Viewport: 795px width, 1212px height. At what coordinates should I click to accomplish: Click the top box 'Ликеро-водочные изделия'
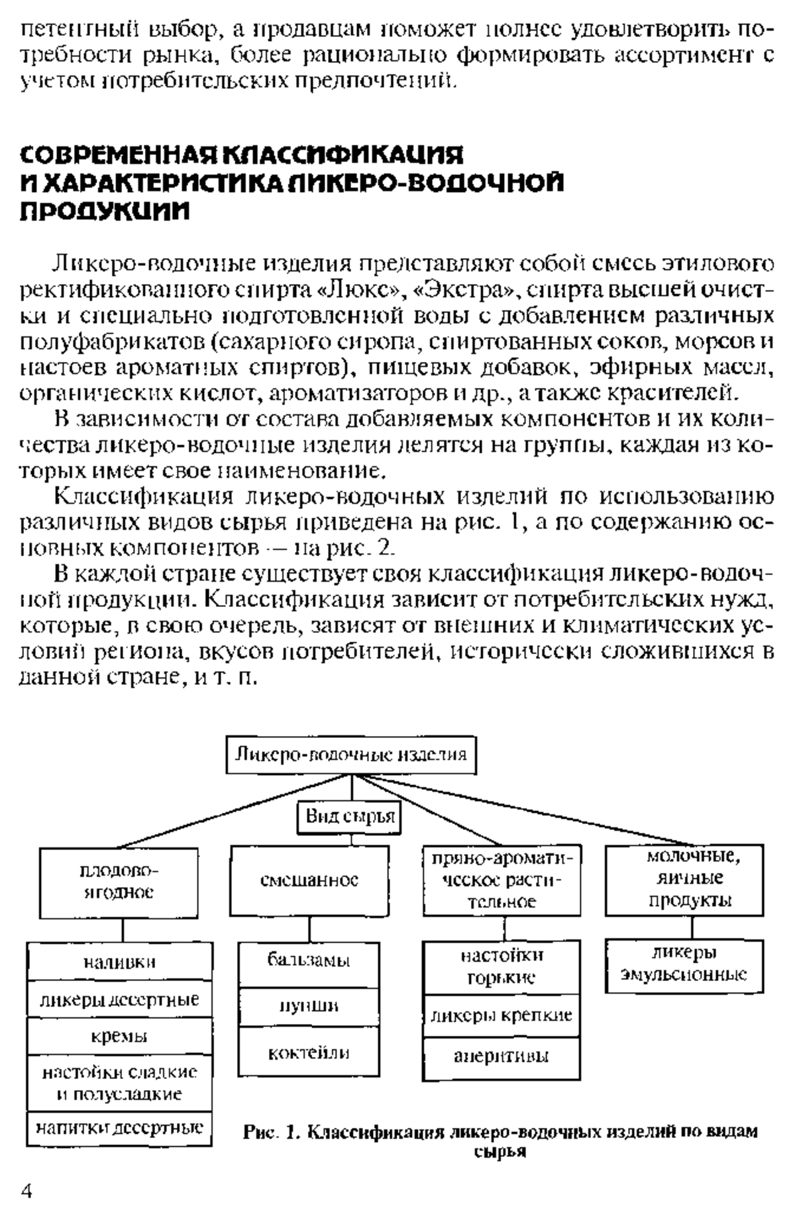click(x=351, y=755)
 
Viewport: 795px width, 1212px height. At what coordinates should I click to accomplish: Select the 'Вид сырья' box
click(x=350, y=816)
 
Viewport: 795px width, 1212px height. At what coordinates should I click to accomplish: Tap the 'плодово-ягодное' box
click(x=119, y=882)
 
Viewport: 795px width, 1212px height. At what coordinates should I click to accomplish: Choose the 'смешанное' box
click(x=309, y=880)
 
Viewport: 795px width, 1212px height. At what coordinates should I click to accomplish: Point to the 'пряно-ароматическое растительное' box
click(x=502, y=880)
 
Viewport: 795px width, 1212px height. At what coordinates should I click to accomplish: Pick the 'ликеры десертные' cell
click(x=120, y=1000)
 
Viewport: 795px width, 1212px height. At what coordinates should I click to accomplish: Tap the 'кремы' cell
click(x=120, y=1037)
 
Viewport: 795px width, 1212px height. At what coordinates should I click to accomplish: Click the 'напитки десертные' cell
click(x=120, y=1127)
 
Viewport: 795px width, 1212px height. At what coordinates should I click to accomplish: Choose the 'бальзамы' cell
click(x=309, y=960)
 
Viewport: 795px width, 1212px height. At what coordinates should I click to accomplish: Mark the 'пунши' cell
click(x=309, y=1007)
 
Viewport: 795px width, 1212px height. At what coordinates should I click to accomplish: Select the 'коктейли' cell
click(x=309, y=1052)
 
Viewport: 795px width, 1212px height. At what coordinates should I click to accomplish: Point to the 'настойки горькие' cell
click(x=502, y=967)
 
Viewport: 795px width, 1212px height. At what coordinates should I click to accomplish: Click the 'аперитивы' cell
click(x=502, y=1056)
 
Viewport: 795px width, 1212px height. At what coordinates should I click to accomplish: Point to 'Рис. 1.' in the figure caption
click(x=272, y=1132)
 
